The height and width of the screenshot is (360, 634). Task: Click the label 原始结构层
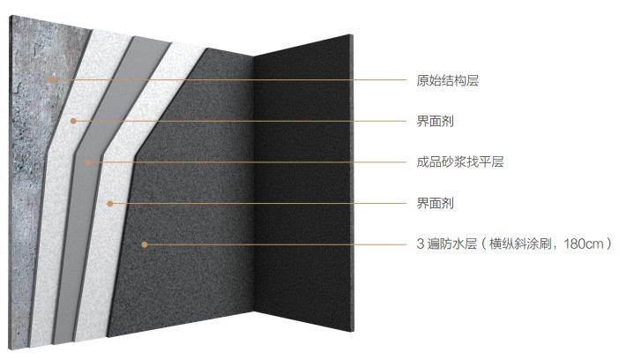point(448,80)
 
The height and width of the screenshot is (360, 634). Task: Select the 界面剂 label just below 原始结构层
point(435,121)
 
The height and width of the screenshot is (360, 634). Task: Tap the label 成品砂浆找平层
point(460,161)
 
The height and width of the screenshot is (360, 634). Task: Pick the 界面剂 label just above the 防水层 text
point(435,203)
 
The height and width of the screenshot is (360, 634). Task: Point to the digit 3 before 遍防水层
point(421,244)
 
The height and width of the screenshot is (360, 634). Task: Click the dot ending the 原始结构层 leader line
point(51,79)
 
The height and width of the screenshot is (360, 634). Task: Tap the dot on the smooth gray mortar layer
point(87,162)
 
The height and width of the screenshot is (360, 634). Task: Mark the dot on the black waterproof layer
point(145,244)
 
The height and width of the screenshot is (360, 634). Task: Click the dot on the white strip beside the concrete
point(73,121)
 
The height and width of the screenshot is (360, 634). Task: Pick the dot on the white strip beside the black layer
point(110,204)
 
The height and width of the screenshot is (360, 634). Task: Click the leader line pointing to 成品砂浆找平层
point(247,162)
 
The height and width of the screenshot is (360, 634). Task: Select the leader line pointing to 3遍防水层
point(275,244)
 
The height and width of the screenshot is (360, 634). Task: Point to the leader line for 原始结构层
point(229,79)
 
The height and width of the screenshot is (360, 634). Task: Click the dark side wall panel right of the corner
point(303,182)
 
